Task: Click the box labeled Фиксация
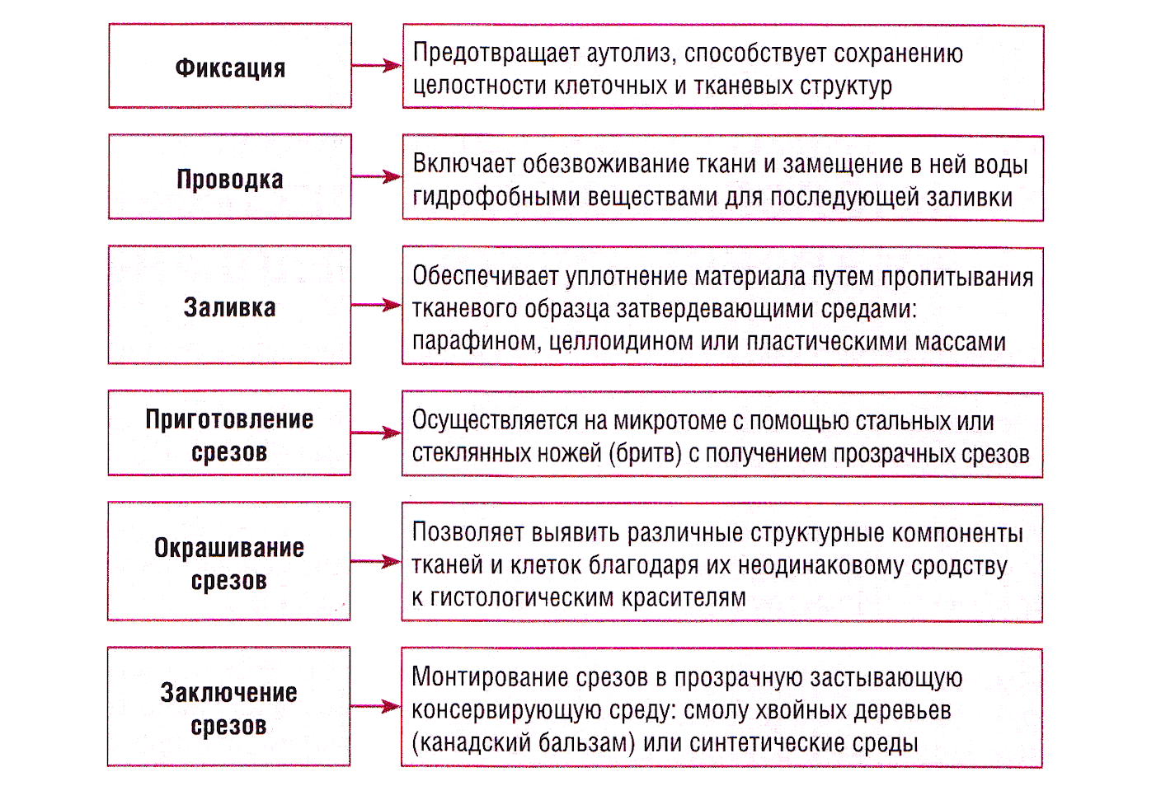point(230,66)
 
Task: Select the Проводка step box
point(229,176)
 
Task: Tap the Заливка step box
point(229,305)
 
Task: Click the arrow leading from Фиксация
point(377,66)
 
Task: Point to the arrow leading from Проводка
point(377,176)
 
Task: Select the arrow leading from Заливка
point(376,305)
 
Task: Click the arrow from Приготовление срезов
point(376,433)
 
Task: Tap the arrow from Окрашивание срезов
point(376,561)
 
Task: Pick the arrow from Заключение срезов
point(376,706)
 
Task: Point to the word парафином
point(474,342)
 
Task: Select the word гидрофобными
point(496,198)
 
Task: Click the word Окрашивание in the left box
point(229,548)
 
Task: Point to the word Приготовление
point(229,419)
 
